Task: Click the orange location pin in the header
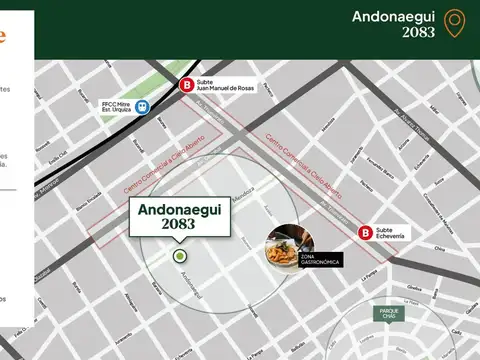455,24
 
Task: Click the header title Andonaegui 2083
394,24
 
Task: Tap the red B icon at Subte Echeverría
365,233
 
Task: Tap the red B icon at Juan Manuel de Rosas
185,86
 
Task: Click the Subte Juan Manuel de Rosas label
226,86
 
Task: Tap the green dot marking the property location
180,256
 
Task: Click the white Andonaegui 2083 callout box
178,217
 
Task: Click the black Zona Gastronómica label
319,261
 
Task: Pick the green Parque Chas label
390,312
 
